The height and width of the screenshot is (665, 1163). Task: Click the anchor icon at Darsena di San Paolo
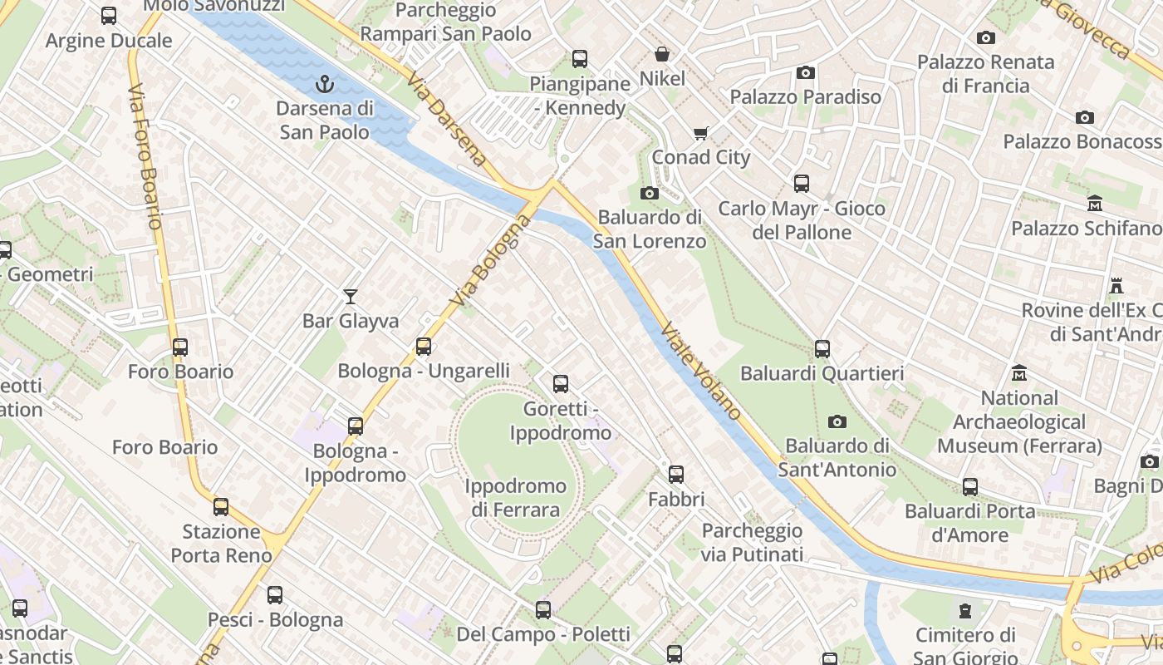pos(325,83)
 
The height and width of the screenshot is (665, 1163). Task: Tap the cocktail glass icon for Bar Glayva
pos(351,297)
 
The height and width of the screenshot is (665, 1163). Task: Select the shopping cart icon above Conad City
pos(701,133)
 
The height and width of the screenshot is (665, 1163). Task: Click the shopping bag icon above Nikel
pos(662,55)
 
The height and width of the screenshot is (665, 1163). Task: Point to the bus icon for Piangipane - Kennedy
pos(580,59)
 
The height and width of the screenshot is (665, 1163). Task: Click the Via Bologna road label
pos(490,259)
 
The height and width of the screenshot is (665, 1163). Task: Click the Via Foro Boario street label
pos(145,155)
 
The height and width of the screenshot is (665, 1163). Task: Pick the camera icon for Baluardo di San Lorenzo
pos(650,194)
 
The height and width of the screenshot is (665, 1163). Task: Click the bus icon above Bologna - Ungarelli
pos(424,347)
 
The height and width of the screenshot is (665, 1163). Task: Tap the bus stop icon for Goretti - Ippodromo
pos(561,384)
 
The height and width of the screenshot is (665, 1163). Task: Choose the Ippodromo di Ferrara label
pos(515,498)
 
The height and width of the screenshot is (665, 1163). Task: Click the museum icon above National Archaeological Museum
pos(1019,373)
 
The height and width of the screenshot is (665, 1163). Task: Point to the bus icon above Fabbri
pos(676,475)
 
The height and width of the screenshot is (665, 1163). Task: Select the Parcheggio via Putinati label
pos(752,542)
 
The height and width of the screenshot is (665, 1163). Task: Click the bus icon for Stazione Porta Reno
pos(221,506)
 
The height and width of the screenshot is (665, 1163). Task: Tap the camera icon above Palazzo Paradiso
pos(805,73)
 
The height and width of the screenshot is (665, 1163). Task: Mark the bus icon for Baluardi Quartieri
pos(822,349)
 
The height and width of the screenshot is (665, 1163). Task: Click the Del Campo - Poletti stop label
pos(543,635)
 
